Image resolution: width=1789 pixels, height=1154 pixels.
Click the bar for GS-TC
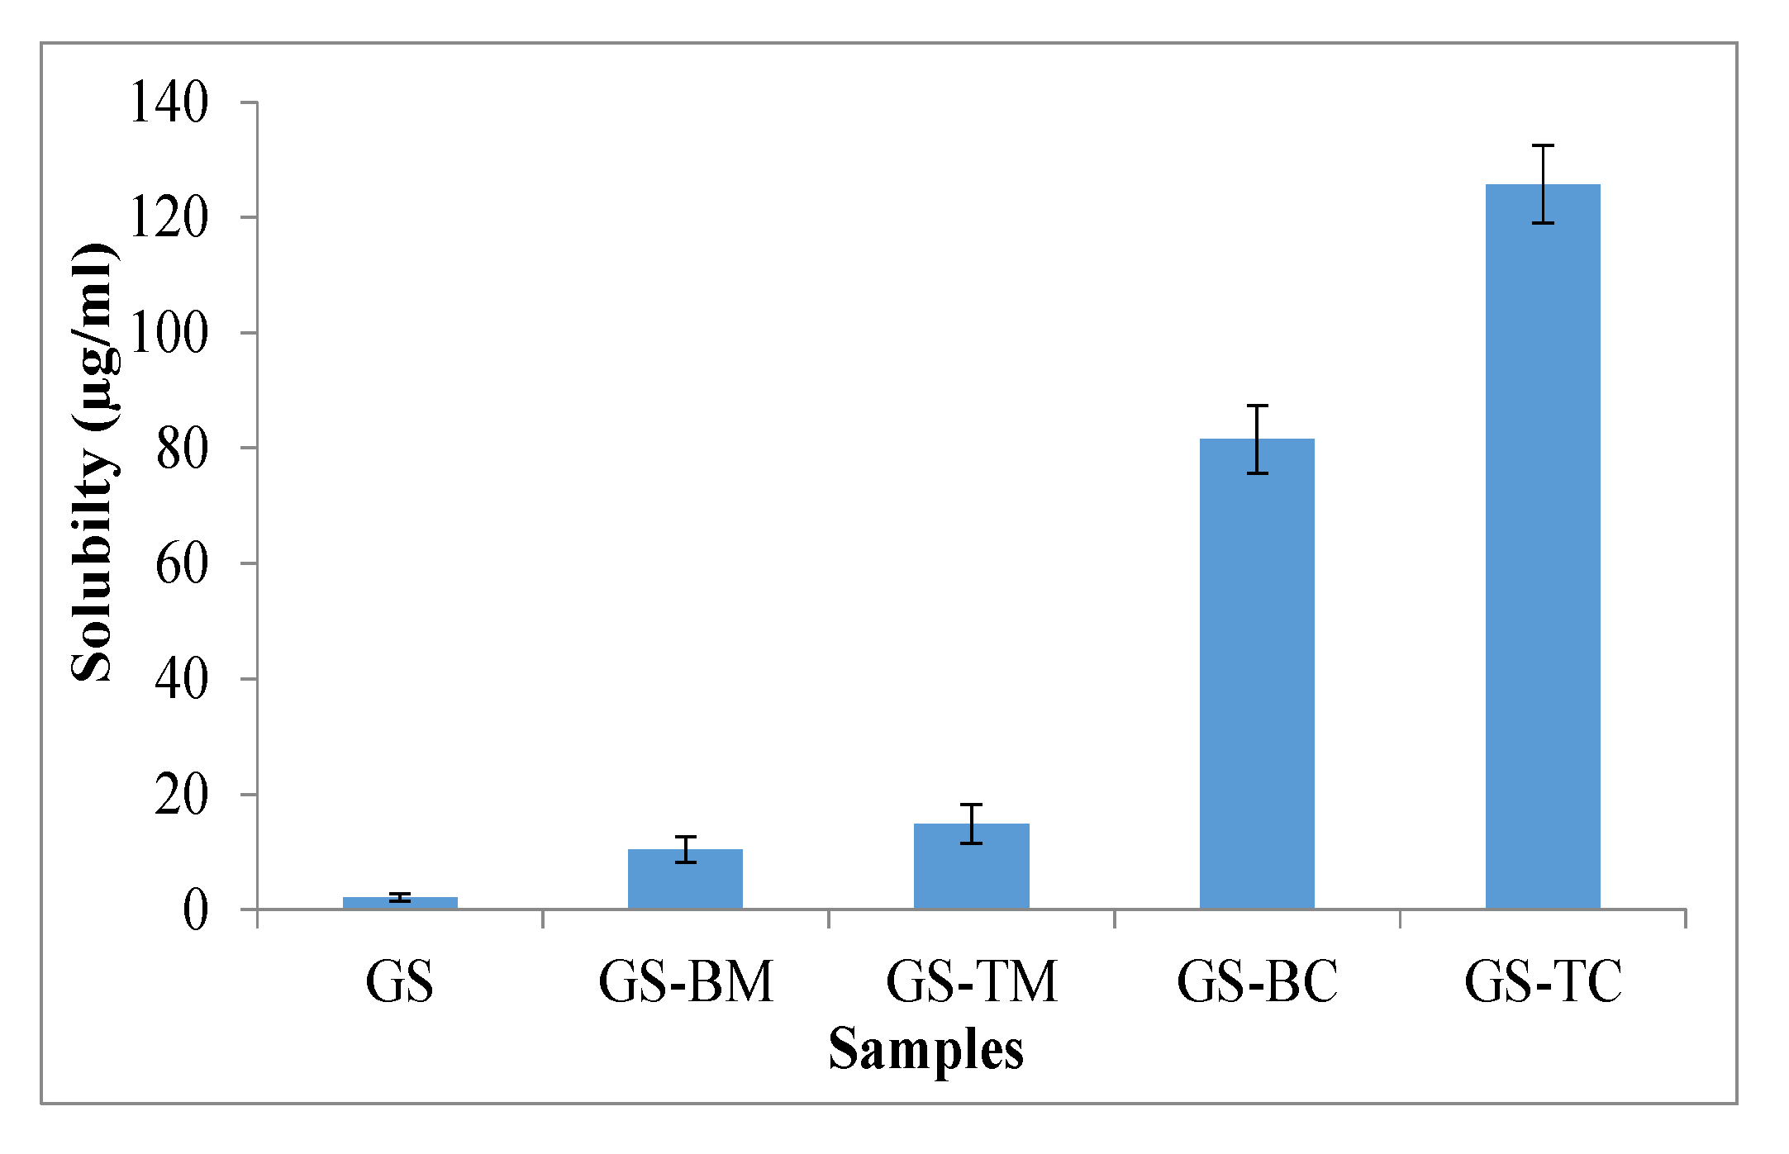[1542, 545]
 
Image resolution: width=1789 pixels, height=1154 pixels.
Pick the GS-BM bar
[685, 879]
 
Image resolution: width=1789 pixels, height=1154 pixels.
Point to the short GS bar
[400, 903]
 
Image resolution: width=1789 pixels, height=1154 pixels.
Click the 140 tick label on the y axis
[169, 103]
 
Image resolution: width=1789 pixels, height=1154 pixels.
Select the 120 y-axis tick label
[169, 219]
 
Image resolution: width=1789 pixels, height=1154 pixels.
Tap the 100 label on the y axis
[169, 334]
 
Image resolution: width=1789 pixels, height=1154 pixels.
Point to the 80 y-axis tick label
[182, 449]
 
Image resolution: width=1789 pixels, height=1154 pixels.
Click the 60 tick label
[182, 564]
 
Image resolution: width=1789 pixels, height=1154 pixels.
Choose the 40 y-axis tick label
[182, 680]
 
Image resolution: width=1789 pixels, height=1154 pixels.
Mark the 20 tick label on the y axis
[182, 795]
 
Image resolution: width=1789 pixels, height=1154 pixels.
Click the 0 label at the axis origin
[196, 910]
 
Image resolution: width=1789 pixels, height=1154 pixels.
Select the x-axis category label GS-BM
[685, 981]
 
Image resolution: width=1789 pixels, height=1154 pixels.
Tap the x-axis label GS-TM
[971, 981]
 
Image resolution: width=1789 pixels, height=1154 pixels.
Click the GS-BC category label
[1256, 981]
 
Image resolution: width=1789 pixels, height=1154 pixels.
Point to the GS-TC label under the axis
[1542, 981]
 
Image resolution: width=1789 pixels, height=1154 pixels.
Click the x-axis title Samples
[925, 1049]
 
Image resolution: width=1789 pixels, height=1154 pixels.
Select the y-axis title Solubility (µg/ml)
[93, 463]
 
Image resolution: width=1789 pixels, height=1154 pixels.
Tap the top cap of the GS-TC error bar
[1542, 145]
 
